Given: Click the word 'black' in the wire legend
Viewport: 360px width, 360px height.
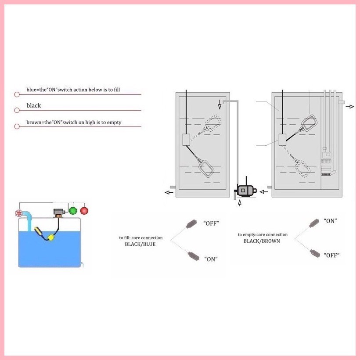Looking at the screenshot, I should click(34, 105).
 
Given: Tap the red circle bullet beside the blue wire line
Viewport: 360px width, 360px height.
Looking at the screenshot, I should click(17, 94).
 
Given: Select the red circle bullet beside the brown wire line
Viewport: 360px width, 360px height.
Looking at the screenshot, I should click(17, 126).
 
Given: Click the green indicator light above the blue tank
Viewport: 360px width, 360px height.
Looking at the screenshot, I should click(73, 211).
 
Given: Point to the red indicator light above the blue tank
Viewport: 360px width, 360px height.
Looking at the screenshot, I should click(84, 211).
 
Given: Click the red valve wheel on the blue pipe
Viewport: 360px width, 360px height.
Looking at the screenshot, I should click(19, 214).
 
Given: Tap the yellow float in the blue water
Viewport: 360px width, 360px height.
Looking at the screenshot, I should click(51, 238).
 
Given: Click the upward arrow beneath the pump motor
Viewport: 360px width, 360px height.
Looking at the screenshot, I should click(239, 203).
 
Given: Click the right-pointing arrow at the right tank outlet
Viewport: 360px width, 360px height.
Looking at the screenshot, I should click(350, 106).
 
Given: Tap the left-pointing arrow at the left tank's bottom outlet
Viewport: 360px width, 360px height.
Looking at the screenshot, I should click(168, 192).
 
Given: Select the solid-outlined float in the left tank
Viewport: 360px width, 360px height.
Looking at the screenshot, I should click(206, 168).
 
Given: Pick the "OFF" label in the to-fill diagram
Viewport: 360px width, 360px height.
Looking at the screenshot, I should click(211, 223).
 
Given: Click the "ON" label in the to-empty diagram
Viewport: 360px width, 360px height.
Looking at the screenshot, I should click(330, 221).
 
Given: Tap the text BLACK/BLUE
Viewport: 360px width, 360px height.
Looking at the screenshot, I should click(140, 244).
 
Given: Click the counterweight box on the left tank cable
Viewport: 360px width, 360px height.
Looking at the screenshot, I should click(186, 140).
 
